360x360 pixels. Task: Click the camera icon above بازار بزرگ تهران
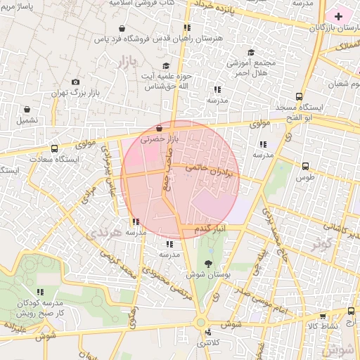(x=75, y=82)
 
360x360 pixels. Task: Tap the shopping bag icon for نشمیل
(x=27, y=110)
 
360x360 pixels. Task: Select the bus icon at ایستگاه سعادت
(x=54, y=148)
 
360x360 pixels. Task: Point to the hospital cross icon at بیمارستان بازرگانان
(x=339, y=15)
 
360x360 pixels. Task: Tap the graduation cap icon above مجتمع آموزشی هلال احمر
(x=251, y=52)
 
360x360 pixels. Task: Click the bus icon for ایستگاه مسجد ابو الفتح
(x=300, y=96)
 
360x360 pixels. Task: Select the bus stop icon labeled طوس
(x=305, y=167)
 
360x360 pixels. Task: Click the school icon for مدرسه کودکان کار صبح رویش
(x=40, y=292)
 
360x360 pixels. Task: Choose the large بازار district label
(x=122, y=63)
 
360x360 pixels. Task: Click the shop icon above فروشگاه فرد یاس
(x=123, y=29)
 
